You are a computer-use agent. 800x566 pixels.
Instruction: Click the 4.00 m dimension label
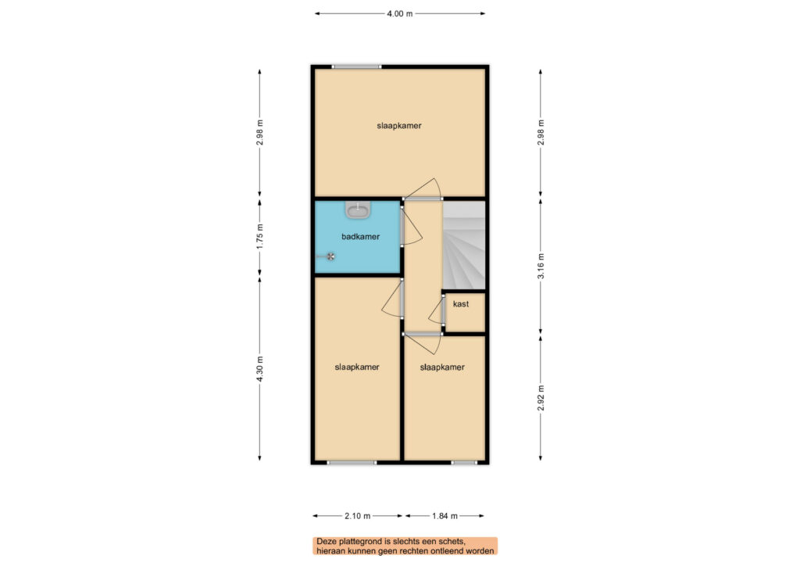coord(399,14)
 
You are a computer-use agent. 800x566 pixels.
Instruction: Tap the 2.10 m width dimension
coord(357,516)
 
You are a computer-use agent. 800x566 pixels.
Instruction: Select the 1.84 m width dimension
coord(445,516)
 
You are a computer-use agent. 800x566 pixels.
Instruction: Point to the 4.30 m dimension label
coord(259,369)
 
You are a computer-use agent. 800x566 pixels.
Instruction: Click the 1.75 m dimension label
coord(259,236)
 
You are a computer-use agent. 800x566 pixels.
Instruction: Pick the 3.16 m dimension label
coord(541,266)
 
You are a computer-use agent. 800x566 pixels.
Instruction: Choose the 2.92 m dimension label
coord(541,398)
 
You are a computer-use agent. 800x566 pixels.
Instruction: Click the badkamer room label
coord(360,236)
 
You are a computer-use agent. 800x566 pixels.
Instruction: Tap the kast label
coord(461,303)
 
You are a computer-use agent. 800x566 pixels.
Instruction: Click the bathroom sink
coord(359,210)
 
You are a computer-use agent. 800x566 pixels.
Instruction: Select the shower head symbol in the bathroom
coord(330,256)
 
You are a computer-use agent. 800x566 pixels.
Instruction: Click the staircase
coord(464,245)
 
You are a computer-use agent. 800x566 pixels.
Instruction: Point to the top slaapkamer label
coord(399,126)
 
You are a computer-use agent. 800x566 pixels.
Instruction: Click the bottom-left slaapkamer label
coord(356,367)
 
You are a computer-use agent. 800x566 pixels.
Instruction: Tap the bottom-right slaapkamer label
coord(442,367)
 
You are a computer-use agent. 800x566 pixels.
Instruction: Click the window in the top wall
coord(356,66)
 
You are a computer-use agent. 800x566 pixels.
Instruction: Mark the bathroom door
coord(411,226)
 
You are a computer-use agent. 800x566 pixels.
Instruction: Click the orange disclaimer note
coord(405,546)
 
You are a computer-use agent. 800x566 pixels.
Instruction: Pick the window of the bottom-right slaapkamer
coord(464,463)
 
